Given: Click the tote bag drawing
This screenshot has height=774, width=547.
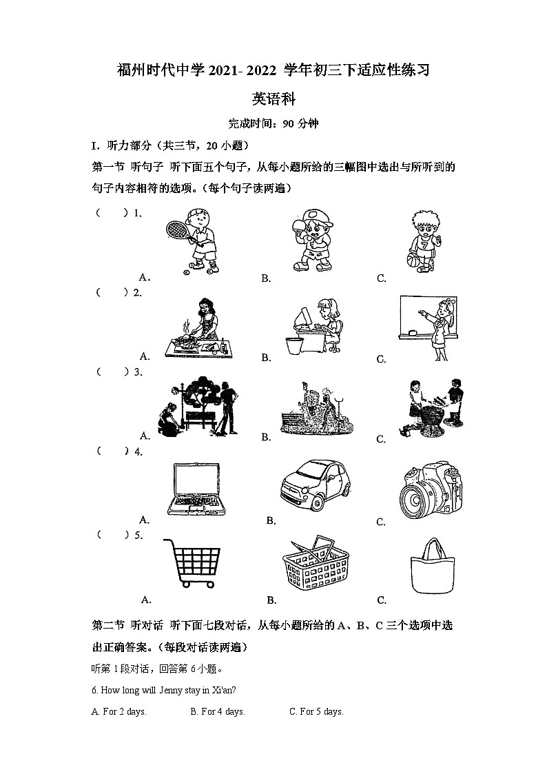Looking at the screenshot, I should [x=433, y=567].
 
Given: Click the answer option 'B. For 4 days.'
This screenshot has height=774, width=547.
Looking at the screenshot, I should [x=218, y=712].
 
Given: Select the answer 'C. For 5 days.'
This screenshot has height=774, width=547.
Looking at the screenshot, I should [x=316, y=712].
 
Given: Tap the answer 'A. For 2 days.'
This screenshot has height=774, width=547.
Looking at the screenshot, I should [x=119, y=712].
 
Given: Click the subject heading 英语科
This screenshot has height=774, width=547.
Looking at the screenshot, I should [x=273, y=99].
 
